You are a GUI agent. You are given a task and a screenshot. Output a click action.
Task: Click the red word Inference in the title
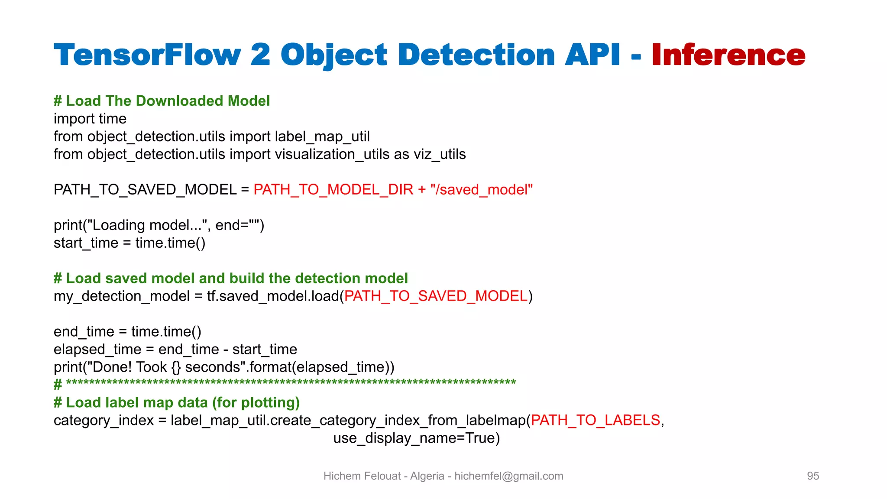pyautogui.click(x=728, y=55)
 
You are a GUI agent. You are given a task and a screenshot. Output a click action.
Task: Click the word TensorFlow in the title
pyautogui.click(x=147, y=55)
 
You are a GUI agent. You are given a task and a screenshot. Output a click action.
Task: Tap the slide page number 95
pyautogui.click(x=813, y=476)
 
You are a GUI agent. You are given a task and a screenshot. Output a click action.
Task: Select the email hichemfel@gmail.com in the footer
pyautogui.click(x=508, y=476)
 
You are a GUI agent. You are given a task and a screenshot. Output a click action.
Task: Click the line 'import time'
pyautogui.click(x=90, y=119)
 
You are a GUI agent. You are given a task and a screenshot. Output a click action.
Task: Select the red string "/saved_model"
pyautogui.click(x=481, y=190)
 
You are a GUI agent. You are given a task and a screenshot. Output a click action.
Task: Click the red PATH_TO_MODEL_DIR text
pyautogui.click(x=333, y=190)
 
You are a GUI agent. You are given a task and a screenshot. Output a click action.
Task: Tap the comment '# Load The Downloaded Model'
pyautogui.click(x=162, y=101)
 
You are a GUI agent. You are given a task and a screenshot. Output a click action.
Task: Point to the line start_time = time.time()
pyautogui.click(x=129, y=243)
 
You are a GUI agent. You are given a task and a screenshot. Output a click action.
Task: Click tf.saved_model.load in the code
pyautogui.click(x=273, y=296)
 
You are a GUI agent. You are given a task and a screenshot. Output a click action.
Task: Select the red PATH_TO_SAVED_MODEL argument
pyautogui.click(x=436, y=296)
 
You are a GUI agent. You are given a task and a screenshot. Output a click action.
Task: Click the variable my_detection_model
pyautogui.click(x=122, y=296)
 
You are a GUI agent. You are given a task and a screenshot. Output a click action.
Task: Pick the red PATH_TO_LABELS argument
pyautogui.click(x=596, y=420)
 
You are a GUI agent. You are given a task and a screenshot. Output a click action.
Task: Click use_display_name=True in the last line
pyautogui.click(x=416, y=438)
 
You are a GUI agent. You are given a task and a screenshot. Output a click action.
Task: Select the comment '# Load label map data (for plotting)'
pyautogui.click(x=177, y=402)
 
